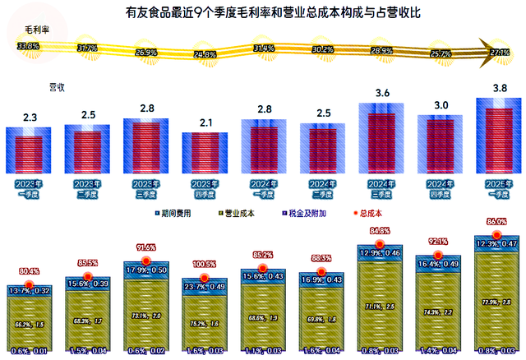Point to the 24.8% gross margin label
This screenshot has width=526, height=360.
coord(205,55)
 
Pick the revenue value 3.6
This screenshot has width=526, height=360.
coord(382,95)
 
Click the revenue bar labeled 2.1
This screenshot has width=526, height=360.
coord(205,151)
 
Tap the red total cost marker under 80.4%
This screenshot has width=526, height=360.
coord(30,286)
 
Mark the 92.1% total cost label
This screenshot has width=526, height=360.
coord(440,241)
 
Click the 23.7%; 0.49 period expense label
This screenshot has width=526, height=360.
coord(205,287)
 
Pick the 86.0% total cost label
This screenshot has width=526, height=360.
coord(498,222)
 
